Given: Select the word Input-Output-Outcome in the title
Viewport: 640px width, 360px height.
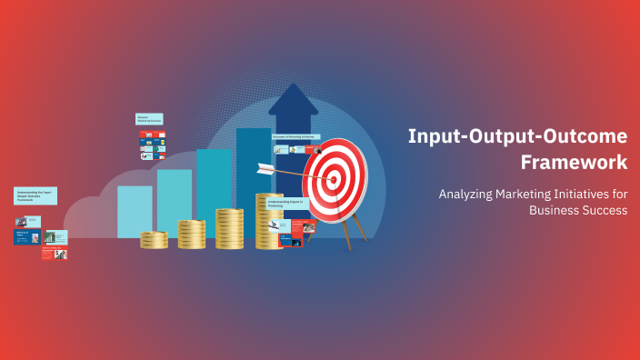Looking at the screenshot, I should pyautogui.click(x=517, y=136).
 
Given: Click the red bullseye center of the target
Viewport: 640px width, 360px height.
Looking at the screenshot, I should pyautogui.click(x=334, y=178).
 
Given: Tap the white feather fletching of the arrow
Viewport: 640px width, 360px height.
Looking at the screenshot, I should pyautogui.click(x=265, y=168).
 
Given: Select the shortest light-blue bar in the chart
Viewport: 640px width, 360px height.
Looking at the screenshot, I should pyautogui.click(x=135, y=211).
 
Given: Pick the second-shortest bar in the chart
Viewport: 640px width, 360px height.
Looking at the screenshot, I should pyautogui.click(x=174, y=202).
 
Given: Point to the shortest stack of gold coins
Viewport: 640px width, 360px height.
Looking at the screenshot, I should pyautogui.click(x=154, y=240).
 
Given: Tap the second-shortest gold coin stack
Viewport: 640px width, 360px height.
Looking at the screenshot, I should pyautogui.click(x=191, y=234).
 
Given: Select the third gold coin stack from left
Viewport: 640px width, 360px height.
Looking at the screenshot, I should pyautogui.click(x=229, y=228).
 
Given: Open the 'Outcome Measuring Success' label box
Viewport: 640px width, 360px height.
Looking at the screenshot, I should pyautogui.click(x=149, y=119).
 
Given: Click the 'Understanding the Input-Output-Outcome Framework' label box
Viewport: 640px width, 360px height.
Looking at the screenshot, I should pyautogui.click(x=35, y=195).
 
